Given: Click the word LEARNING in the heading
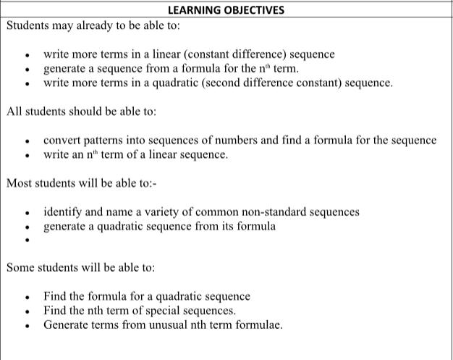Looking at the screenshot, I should (190, 10).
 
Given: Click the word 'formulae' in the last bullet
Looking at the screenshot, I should (257, 324).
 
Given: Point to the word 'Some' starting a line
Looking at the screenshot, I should (20, 267).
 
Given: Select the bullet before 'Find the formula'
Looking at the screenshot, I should (27, 298).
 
